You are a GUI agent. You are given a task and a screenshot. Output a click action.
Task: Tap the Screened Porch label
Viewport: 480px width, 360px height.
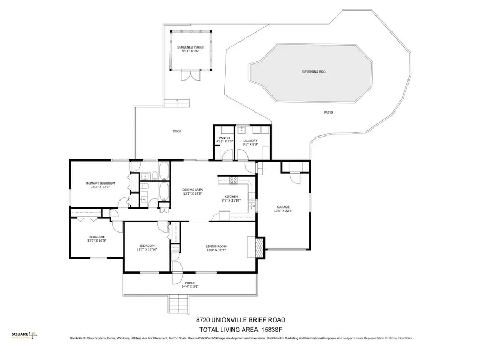[x=190, y=47]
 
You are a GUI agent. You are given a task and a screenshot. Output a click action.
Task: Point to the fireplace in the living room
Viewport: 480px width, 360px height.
[x=259, y=246]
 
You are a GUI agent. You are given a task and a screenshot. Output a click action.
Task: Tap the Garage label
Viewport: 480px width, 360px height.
[x=283, y=207]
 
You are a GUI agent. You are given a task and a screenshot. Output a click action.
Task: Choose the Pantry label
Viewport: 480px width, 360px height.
[x=224, y=138]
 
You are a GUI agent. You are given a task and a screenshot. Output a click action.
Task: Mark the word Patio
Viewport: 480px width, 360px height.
[x=329, y=113]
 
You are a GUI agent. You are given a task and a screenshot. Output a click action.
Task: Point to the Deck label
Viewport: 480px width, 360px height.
[x=177, y=131]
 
